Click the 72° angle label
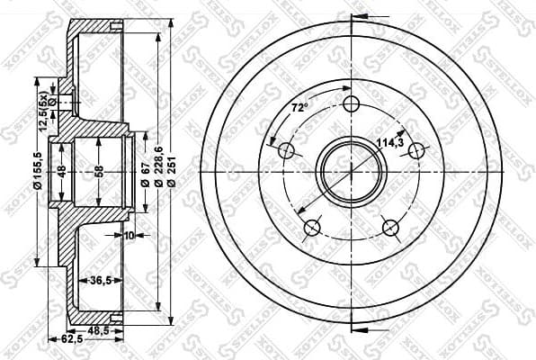(x=299, y=108)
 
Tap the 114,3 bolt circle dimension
(x=389, y=141)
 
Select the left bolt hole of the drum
(x=286, y=150)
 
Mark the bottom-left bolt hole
(x=311, y=228)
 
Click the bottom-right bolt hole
(x=391, y=228)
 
